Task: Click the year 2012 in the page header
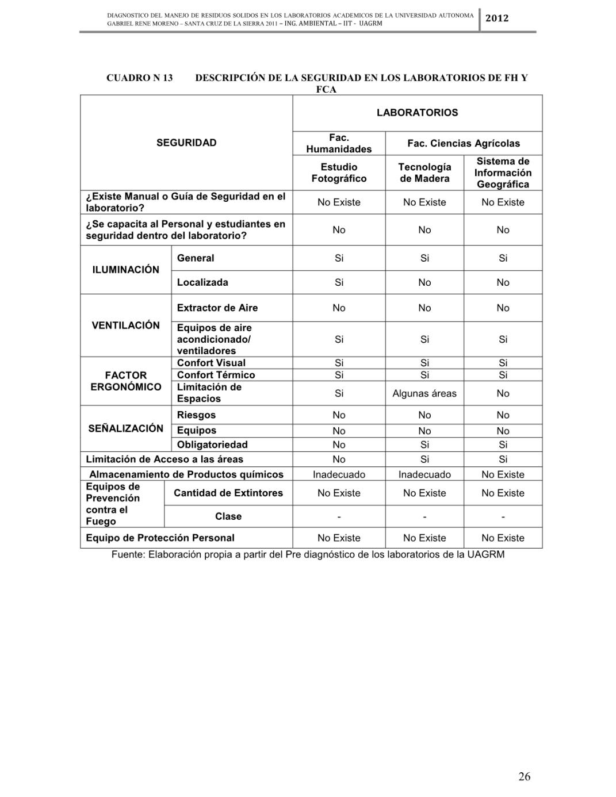point(497,18)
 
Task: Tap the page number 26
point(524,777)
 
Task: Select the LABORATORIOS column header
point(417,113)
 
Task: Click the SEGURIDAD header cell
point(186,143)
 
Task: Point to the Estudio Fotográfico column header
point(339,173)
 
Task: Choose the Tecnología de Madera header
point(424,173)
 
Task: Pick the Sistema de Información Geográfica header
point(503,173)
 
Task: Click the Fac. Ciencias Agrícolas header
point(463,143)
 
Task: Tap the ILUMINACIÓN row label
point(125,270)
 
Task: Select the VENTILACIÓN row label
point(125,325)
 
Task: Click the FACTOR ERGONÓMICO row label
point(125,381)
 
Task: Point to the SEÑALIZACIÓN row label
point(125,428)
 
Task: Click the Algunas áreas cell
point(424,393)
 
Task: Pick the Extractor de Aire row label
point(217,308)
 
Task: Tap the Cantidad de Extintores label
point(228,493)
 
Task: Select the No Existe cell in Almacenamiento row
point(503,474)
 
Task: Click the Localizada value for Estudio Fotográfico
point(339,282)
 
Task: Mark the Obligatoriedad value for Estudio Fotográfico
point(339,445)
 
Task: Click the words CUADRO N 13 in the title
point(139,78)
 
